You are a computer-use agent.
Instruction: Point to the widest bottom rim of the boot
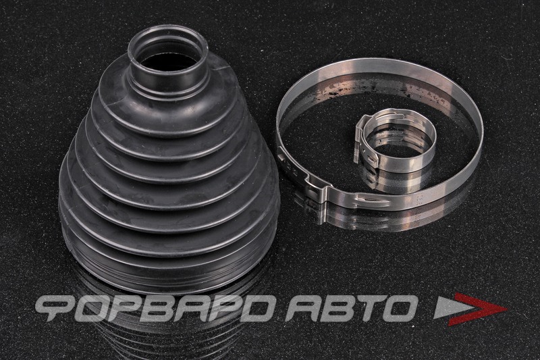coord(169,272)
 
